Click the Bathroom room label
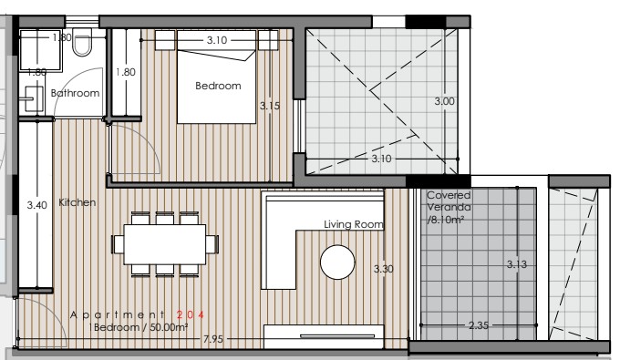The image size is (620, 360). pos(75,93)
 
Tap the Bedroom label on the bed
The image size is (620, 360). pos(218,86)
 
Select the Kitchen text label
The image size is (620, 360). pos(77,202)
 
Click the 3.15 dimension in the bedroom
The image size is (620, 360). pos(269,107)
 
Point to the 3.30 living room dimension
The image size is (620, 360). pos(384,270)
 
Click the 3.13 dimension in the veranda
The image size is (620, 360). pos(517,264)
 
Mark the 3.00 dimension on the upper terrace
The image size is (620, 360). pos(444,101)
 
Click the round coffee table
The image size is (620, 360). pos(337,263)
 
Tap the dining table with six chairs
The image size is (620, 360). pos(165,243)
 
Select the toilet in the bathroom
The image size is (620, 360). pos(81,46)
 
